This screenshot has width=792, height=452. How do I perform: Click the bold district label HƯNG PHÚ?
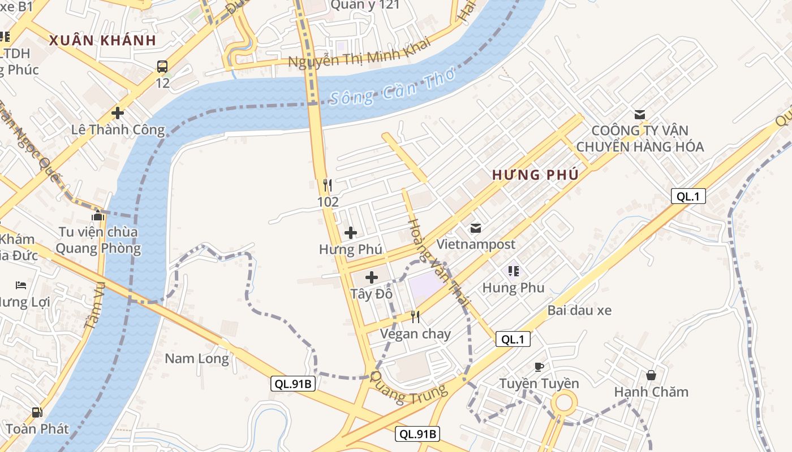click(x=535, y=175)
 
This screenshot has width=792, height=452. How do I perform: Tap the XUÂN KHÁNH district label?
click(x=102, y=40)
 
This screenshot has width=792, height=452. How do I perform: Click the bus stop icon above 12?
click(x=162, y=67)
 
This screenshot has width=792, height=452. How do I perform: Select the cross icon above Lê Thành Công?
click(x=118, y=113)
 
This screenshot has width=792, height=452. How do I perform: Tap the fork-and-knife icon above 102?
click(x=327, y=185)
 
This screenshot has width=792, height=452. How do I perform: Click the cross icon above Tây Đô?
click(x=372, y=277)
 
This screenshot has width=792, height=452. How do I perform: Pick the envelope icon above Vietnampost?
click(x=476, y=228)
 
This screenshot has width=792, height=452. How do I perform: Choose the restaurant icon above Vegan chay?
click(x=415, y=317)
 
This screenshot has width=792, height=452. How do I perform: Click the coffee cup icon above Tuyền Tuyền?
click(x=539, y=367)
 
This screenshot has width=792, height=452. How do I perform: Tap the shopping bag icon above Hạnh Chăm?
click(x=651, y=375)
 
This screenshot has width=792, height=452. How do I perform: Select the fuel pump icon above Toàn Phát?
click(x=37, y=412)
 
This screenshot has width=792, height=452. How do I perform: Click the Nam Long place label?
click(x=197, y=358)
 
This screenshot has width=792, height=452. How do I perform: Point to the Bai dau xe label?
click(x=579, y=310)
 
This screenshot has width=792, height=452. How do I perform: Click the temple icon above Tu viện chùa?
click(x=98, y=215)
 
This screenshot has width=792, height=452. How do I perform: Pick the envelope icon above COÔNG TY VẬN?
click(x=640, y=114)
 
